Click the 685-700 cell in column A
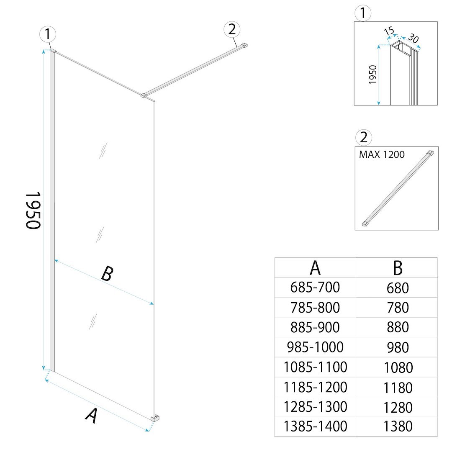click(315, 288)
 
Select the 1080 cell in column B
click(398, 367)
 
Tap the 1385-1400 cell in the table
click(316, 426)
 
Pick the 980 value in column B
click(398, 348)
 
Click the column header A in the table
click(315, 268)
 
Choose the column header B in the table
click(398, 268)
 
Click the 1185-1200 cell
click(316, 387)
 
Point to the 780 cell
click(398, 308)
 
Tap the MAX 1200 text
click(382, 154)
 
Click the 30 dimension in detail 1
click(413, 39)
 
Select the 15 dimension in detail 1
click(389, 31)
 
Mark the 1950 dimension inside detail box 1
click(373, 74)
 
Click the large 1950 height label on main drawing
click(33, 211)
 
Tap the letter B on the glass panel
click(107, 274)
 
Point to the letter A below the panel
click(91, 416)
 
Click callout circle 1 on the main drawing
click(48, 34)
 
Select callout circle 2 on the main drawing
click(232, 29)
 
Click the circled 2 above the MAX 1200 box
click(364, 138)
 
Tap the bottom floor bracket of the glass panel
click(155, 418)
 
